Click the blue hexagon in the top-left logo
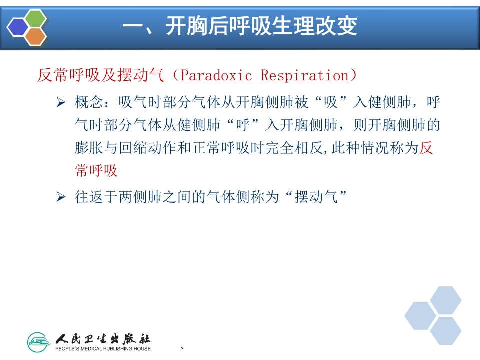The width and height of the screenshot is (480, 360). pos(19,27)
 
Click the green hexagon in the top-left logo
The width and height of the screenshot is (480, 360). pos(35,18)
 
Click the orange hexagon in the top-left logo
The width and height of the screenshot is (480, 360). pos(35,36)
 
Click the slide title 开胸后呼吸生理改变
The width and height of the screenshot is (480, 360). pos(240,26)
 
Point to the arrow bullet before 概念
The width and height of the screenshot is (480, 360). pos(61,103)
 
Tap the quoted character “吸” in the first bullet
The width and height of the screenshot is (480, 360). pos(331,103)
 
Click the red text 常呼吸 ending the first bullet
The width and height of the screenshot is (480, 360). pos(96,170)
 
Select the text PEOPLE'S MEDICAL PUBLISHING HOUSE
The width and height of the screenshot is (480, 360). pos(102,348)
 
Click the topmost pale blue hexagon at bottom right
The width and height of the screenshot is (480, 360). pos(445,300)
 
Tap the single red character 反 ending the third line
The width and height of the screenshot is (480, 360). pos(426,148)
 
